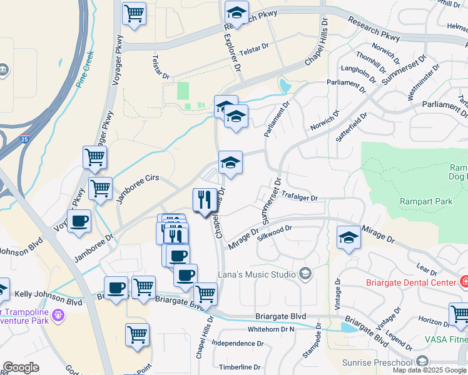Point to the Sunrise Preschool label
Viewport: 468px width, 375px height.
click(x=377, y=362)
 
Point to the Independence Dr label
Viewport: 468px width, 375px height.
click(x=237, y=343)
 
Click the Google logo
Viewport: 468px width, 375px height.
click(x=21, y=367)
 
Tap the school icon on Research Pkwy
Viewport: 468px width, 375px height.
click(x=237, y=12)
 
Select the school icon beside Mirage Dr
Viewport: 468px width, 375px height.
click(x=348, y=237)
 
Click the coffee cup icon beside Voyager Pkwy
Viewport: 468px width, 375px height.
click(x=79, y=221)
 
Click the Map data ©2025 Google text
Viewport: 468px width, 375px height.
click(x=429, y=370)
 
